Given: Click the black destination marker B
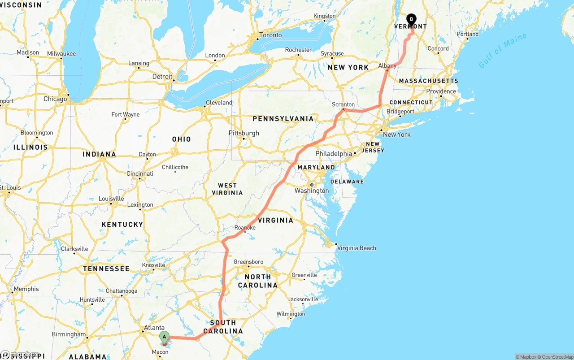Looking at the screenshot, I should click(x=411, y=20).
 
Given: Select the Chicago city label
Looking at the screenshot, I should click(x=55, y=99).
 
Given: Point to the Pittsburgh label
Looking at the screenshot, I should click(x=244, y=133).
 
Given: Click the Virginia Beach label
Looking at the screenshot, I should click(x=357, y=248).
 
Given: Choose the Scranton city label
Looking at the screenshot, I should click(x=344, y=104).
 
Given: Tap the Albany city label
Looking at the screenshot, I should click(x=387, y=65).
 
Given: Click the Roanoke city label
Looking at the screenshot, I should click(x=245, y=228).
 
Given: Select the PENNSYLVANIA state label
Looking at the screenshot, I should click(x=283, y=119).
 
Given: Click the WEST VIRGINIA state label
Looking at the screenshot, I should click(x=227, y=189).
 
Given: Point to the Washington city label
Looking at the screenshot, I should click(x=312, y=191).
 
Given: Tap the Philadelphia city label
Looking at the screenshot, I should click(x=334, y=154).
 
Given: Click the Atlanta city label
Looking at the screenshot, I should click(x=154, y=328).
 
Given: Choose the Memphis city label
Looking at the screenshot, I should click(x=26, y=289).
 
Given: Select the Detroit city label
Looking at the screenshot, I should click(x=162, y=77).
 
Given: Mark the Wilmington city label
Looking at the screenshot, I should click(x=291, y=314).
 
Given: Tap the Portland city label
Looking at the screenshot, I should click(x=468, y=34).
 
